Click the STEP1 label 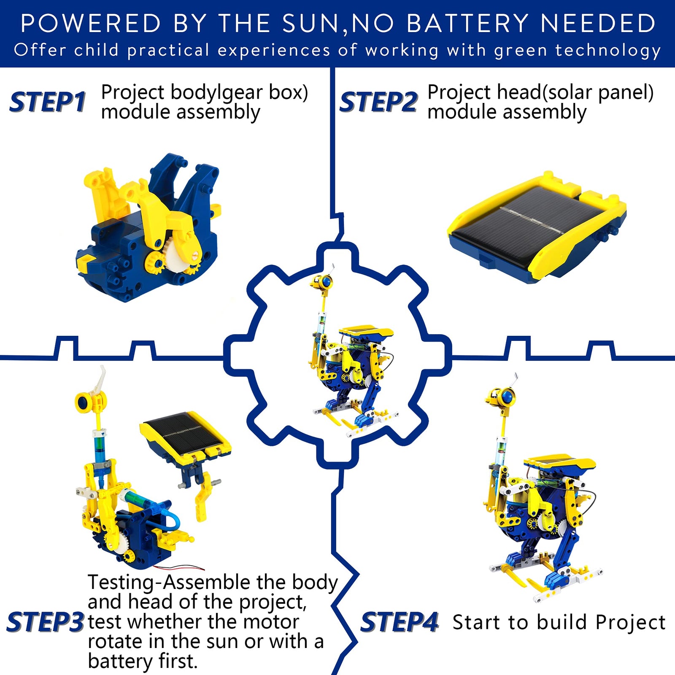[x=47, y=103]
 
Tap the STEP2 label [x=378, y=103]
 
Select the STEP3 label [x=45, y=622]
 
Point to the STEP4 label [x=399, y=622]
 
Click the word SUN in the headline [x=310, y=23]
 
